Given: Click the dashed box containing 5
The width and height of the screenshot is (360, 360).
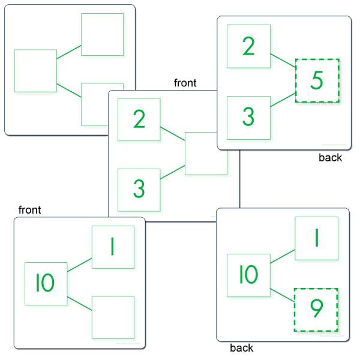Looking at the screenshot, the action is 317,80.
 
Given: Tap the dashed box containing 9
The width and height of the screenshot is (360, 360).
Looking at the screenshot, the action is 316,310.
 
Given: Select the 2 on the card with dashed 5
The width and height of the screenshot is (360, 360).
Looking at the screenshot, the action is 248,46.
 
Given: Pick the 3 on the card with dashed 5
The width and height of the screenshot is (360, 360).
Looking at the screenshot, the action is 248,116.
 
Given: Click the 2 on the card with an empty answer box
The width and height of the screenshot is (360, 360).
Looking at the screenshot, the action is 139,119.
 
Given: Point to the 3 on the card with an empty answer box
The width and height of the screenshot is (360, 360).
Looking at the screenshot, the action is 139,188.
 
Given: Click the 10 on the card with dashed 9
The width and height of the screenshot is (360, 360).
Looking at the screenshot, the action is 248,274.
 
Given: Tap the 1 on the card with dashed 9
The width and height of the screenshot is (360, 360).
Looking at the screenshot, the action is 317,238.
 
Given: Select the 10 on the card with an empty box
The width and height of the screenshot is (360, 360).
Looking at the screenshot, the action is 45,283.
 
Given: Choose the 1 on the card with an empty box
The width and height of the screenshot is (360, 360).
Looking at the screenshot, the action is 113,247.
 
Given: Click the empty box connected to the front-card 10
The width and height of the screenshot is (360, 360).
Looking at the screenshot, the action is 113,317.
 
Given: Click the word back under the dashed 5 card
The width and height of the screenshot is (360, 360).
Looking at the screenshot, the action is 330,158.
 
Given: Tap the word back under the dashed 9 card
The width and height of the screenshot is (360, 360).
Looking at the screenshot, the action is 242,348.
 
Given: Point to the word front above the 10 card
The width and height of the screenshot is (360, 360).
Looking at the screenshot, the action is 29,210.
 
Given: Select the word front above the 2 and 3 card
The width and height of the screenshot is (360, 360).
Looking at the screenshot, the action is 185,83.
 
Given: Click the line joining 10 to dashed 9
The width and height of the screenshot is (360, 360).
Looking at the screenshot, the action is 283,295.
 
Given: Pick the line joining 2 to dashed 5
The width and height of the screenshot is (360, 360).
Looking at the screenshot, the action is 283,61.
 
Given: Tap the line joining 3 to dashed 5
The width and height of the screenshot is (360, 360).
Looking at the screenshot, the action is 283,100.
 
